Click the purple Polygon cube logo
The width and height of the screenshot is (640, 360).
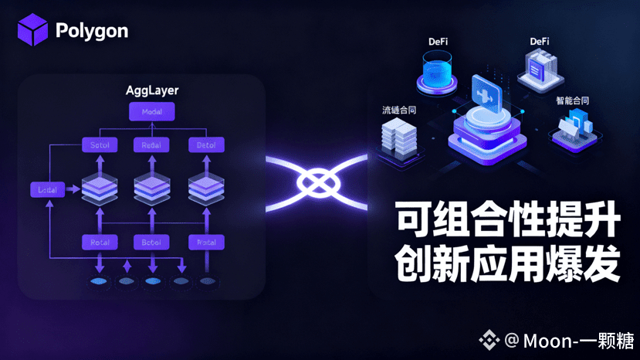coord(33,30)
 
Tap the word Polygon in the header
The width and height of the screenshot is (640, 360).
coord(92,31)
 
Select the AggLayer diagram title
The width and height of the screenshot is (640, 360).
coord(152,90)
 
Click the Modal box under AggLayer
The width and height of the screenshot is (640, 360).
coord(152,112)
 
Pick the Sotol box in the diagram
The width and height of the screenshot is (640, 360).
coord(99,144)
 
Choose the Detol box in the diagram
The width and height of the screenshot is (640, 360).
coord(206,144)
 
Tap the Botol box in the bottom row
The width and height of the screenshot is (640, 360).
coord(151,243)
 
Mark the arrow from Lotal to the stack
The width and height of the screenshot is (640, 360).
coord(73,188)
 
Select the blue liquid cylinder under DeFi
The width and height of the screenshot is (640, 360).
coord(439,74)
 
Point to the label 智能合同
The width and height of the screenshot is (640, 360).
coord(572,100)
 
